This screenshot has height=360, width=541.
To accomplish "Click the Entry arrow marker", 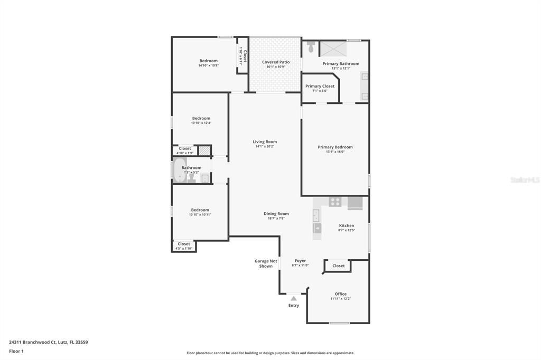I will (x=293, y=298).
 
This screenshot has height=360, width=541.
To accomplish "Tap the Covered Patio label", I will (x=276, y=62).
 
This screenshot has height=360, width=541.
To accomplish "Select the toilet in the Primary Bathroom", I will (x=311, y=47).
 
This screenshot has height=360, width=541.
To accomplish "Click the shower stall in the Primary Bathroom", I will (x=334, y=48).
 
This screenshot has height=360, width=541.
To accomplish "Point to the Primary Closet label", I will (x=320, y=86).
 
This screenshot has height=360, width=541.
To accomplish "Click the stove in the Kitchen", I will (x=335, y=202).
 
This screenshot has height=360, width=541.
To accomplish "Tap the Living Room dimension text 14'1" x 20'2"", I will (x=265, y=146).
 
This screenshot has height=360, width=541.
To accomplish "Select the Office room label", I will (x=340, y=294).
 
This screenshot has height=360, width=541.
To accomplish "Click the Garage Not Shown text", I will (x=266, y=263).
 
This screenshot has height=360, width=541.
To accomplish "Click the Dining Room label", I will (x=276, y=214).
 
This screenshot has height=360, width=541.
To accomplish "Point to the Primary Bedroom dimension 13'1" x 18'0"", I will (x=335, y=151).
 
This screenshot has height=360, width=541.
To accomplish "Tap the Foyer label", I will (x=300, y=261).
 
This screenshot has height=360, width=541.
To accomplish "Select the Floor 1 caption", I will (x=16, y=351).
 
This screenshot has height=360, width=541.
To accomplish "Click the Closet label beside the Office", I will (x=338, y=266).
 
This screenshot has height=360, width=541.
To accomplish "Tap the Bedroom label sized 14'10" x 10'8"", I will (x=208, y=61).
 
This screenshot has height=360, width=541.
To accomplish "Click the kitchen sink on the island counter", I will (x=316, y=215).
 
